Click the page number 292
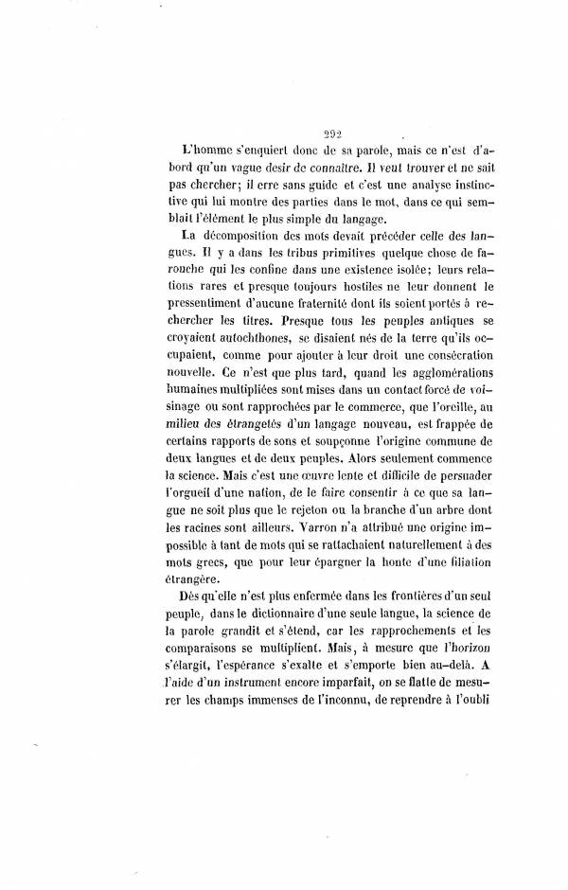click(x=330, y=134)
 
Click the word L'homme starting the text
click(x=203, y=151)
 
